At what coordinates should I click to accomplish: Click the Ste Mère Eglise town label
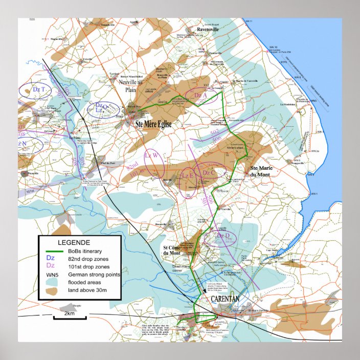coord(153,124)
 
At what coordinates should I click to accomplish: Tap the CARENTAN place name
coord(223,299)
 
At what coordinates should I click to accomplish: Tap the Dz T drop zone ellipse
coord(35,89)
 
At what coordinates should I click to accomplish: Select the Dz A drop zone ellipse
coord(201,95)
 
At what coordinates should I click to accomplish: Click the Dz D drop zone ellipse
coord(220,237)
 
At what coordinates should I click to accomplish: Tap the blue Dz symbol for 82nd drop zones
coord(50,258)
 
